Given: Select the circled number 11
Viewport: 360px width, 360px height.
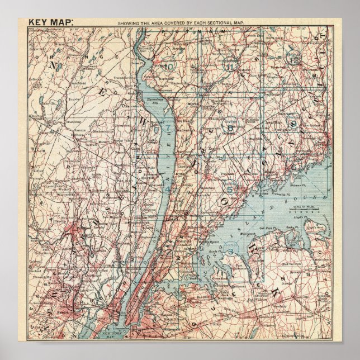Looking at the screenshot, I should [229, 66].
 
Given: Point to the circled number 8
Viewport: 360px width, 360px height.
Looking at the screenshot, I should [229, 128].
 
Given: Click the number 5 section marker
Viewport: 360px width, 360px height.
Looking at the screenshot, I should [229, 189].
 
